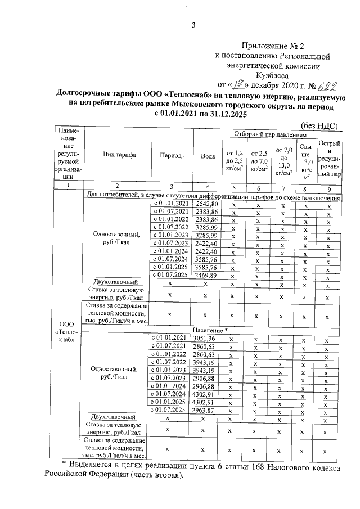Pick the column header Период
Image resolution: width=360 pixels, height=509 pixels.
pyautogui.click(x=172, y=155)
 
